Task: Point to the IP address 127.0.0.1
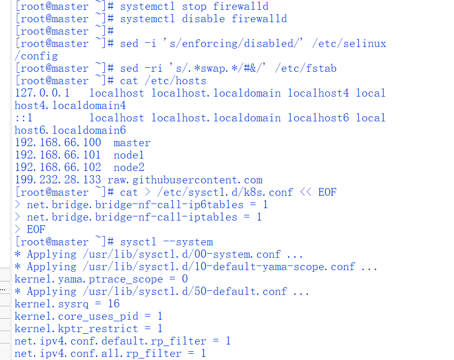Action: pos(42,93)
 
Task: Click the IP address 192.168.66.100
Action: pos(58,143)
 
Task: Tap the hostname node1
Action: pos(129,155)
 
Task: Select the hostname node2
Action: pos(129,168)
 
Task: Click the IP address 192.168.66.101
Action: pos(58,155)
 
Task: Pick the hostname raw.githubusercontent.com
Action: pos(185,180)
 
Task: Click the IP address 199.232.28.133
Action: pos(58,180)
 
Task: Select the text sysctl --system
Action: pos(166,242)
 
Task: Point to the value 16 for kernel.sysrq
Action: pos(114,304)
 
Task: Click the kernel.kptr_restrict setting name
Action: pos(76,329)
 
